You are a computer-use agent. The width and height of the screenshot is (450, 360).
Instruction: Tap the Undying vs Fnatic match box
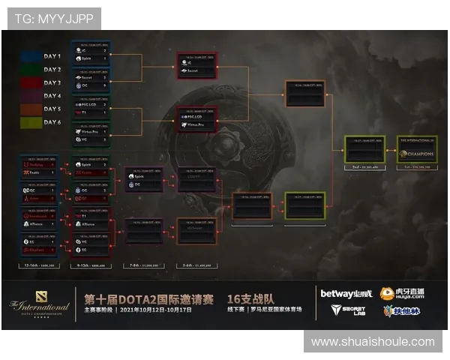coord(39,169)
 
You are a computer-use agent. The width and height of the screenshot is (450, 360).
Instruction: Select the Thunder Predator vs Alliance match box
coord(39,218)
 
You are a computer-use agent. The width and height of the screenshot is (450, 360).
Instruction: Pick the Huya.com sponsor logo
coord(402,293)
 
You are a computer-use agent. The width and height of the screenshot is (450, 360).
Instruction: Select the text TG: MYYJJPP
coord(52,19)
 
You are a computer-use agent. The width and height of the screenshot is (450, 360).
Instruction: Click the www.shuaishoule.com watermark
coord(373,341)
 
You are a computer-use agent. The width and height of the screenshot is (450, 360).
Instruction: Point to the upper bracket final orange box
coord(305,94)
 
